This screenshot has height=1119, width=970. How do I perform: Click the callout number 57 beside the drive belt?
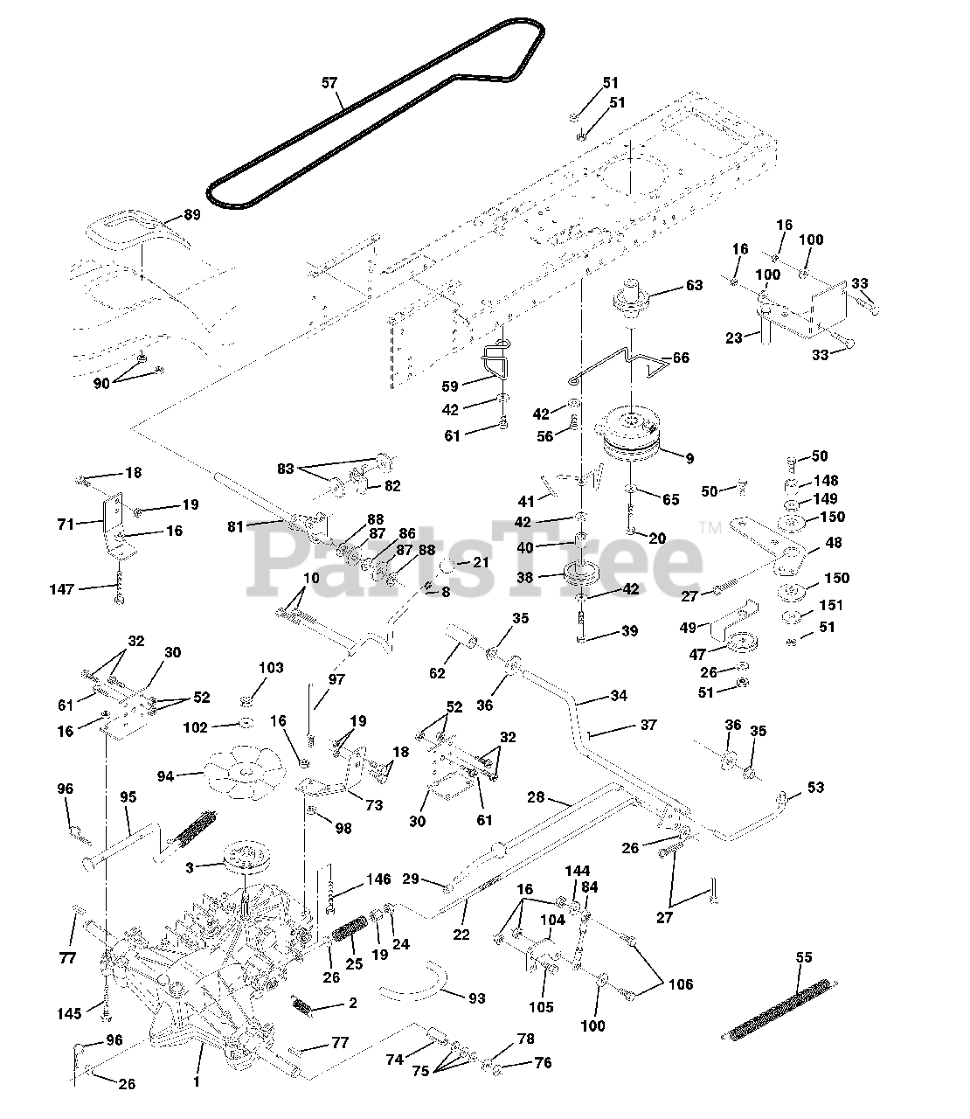329,83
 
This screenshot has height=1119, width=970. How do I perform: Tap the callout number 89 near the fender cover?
192,214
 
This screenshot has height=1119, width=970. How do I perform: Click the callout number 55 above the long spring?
804,957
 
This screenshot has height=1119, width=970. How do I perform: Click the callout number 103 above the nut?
271,668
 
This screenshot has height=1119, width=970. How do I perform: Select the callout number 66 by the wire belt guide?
679,358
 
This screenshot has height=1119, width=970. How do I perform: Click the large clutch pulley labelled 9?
634,437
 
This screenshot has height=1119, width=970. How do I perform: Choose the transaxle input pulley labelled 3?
246,860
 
